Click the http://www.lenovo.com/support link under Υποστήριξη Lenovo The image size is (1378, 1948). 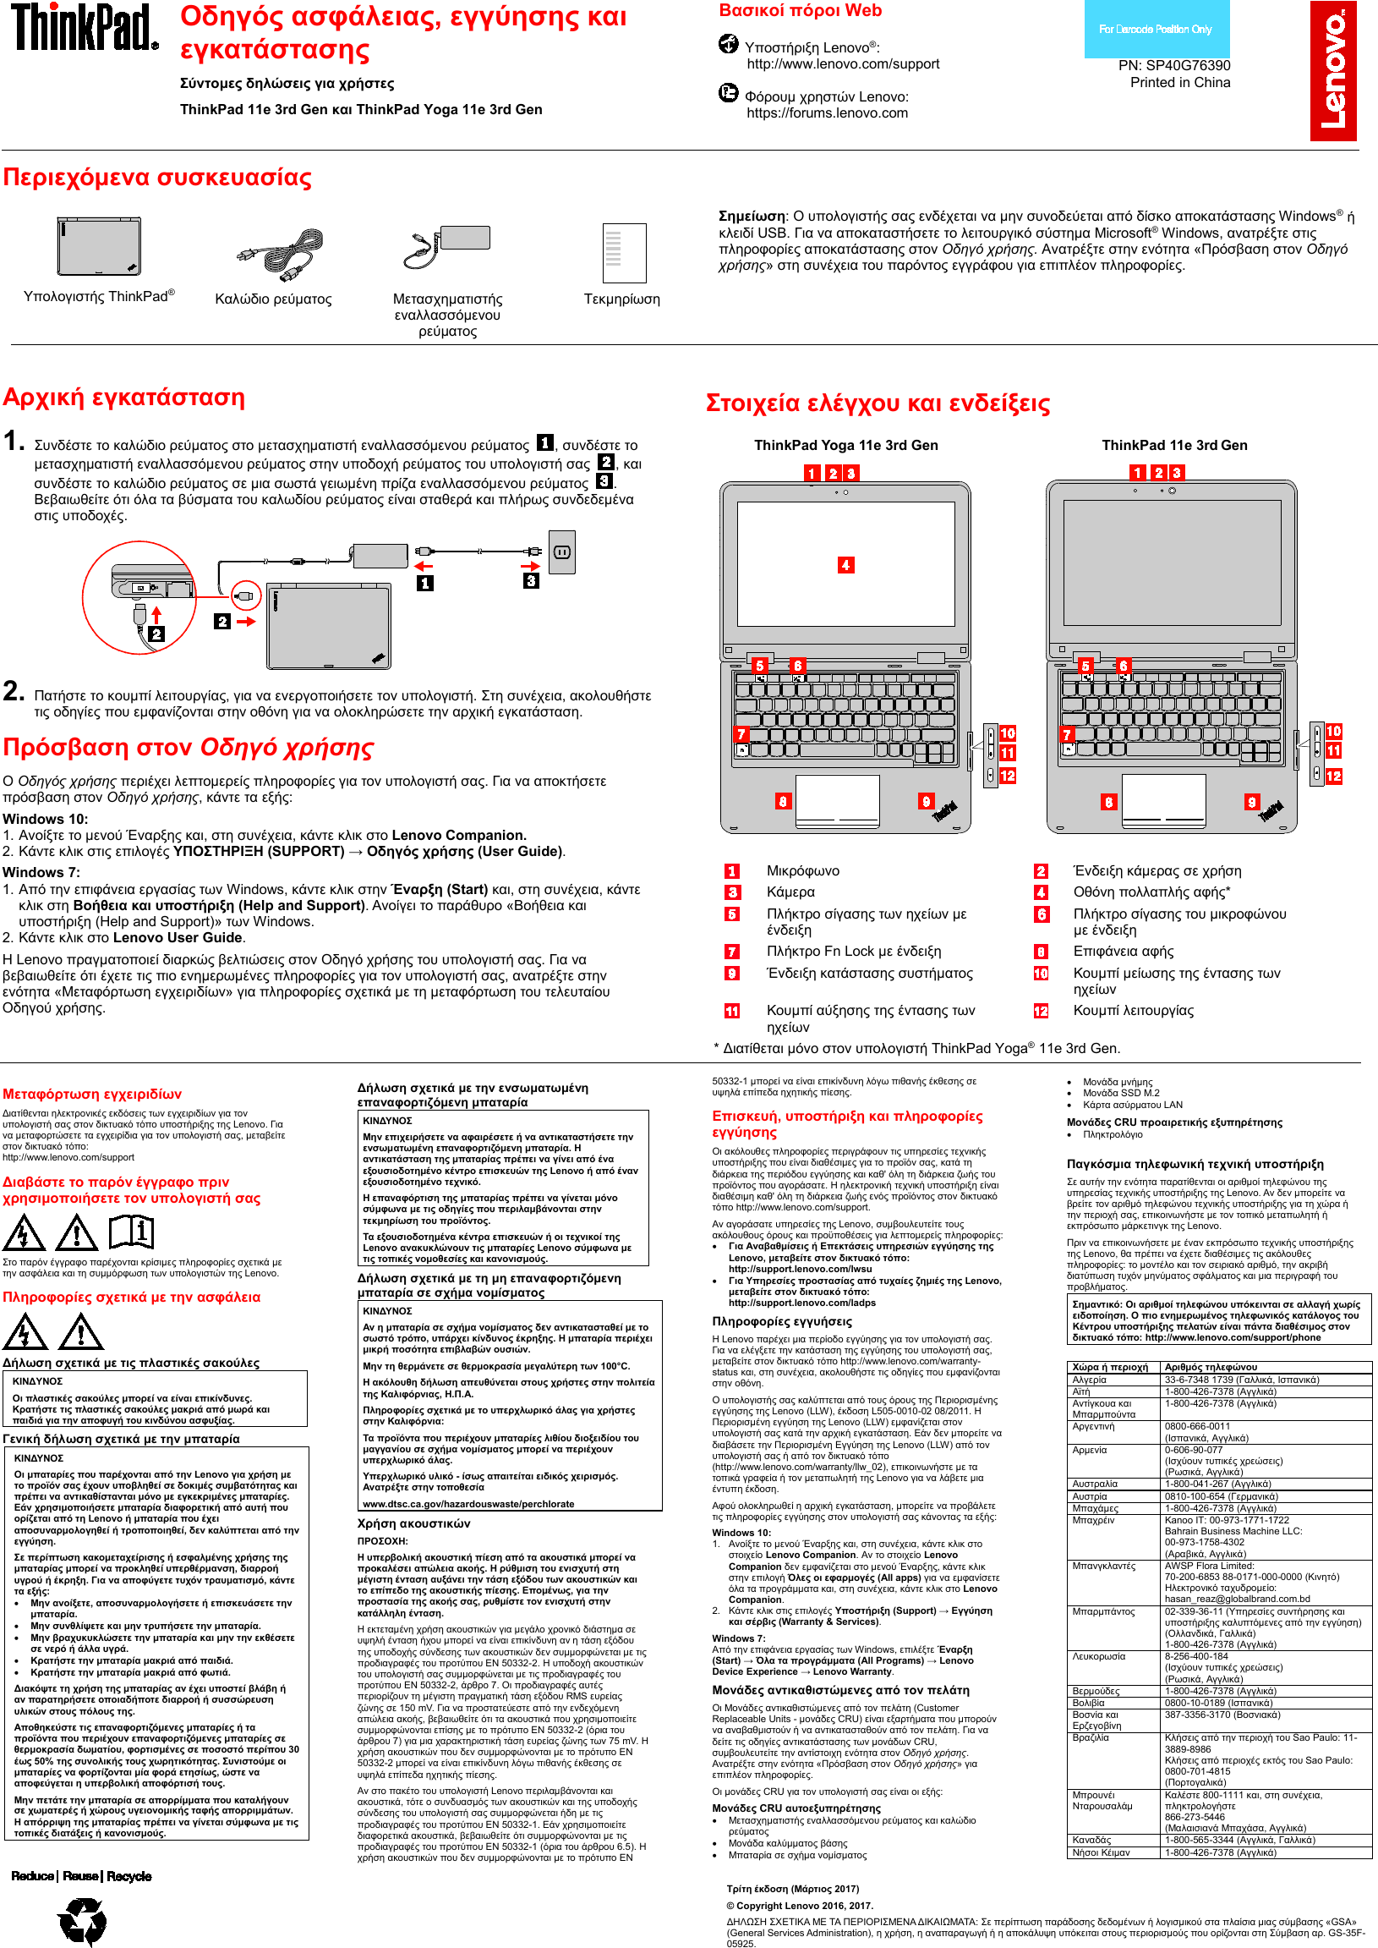point(843,63)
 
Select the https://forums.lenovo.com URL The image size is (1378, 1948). point(827,112)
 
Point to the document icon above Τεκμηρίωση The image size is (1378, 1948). point(624,253)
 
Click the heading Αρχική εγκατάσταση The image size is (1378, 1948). point(124,398)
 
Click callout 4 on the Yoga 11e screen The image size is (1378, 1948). point(845,564)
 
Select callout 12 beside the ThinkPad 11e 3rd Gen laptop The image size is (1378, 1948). point(1333,775)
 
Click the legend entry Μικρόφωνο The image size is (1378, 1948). point(801,871)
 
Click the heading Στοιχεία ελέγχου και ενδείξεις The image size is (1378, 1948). point(878,403)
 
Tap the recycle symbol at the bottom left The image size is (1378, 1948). point(82,1920)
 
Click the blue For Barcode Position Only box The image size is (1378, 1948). point(1155,29)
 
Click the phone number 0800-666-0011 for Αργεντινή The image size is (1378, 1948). point(1196,1426)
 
